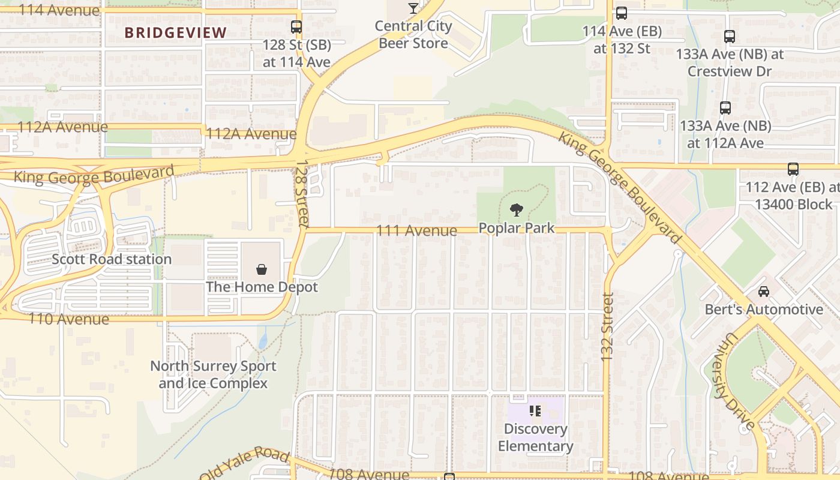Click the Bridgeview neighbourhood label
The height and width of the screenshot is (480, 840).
pyautogui.click(x=176, y=32)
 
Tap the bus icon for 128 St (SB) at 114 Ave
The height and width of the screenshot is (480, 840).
pyautogui.click(x=296, y=26)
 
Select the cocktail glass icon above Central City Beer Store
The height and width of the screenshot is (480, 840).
pyautogui.click(x=413, y=8)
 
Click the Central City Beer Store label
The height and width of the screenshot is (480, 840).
pyautogui.click(x=413, y=35)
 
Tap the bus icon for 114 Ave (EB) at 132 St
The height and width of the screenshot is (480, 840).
pyautogui.click(x=622, y=13)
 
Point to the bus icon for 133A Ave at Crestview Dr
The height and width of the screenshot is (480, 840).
pyautogui.click(x=730, y=36)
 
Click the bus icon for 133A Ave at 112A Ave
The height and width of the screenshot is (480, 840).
pyautogui.click(x=725, y=108)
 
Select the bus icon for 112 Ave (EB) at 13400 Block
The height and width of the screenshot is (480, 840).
pyautogui.click(x=793, y=169)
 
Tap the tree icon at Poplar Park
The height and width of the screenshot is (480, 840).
pyautogui.click(x=516, y=210)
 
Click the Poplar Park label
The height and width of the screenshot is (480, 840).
pyautogui.click(x=516, y=229)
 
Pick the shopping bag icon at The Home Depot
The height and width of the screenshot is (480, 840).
pyautogui.click(x=262, y=269)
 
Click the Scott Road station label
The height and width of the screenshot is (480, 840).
pyautogui.click(x=112, y=259)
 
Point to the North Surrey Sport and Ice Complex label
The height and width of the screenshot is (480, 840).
pyautogui.click(x=213, y=374)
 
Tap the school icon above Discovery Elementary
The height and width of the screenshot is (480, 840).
pyautogui.click(x=535, y=411)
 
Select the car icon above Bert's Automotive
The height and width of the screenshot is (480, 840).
pyautogui.click(x=763, y=291)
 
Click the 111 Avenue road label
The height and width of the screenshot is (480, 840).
pyautogui.click(x=416, y=230)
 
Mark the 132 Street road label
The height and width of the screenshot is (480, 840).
pyautogui.click(x=607, y=327)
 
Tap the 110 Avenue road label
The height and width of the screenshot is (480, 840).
pyautogui.click(x=69, y=319)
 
